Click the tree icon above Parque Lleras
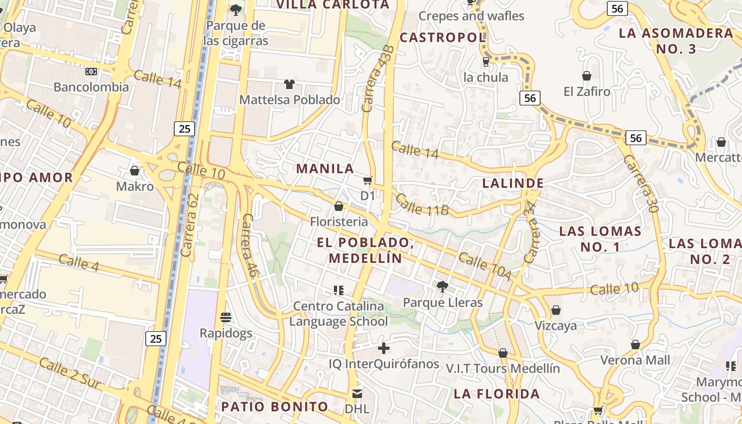[442, 287]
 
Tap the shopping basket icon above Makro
[135, 171]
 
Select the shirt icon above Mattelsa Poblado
[289, 84]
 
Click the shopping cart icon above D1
[368, 180]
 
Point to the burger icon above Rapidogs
[226, 317]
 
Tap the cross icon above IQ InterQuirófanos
[384, 348]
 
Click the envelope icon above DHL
[357, 393]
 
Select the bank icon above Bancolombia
[91, 71]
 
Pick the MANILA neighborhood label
[325, 169]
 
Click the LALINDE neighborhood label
[513, 183]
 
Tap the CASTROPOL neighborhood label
[443, 38]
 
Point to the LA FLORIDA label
[497, 394]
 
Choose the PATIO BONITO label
[275, 407]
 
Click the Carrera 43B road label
[378, 78]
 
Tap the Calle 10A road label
[485, 267]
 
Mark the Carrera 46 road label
[250, 245]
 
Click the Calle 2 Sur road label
[69, 374]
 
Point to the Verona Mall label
[635, 360]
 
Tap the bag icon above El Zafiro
[587, 76]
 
